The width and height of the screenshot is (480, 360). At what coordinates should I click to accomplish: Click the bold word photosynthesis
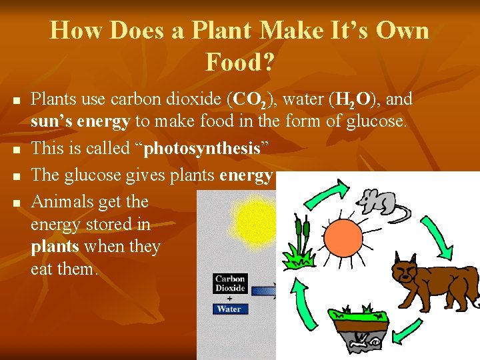201,148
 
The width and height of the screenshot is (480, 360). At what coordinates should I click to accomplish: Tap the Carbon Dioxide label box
230,283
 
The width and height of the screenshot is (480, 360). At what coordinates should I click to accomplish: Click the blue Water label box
229,309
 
